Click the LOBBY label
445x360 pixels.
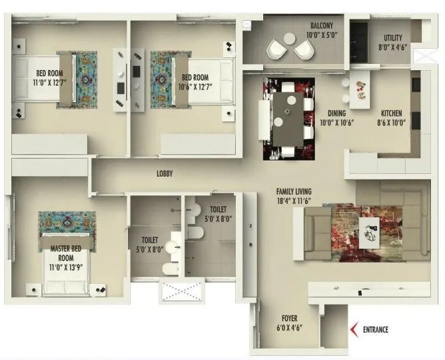165,173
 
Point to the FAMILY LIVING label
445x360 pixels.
294,192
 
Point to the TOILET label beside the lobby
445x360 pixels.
218,208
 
